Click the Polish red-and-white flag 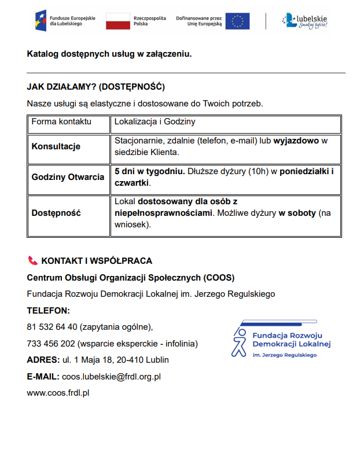[x=117, y=21]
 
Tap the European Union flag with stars [x=237, y=21]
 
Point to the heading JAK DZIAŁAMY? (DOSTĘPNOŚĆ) [x=95, y=87]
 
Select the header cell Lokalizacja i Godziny [x=155, y=122]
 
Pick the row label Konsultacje [x=56, y=146]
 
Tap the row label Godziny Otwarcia [x=68, y=177]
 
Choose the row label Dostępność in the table [x=56, y=212]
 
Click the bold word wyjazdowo [x=296, y=141]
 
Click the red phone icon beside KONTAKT [x=32, y=261]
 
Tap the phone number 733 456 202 [x=51, y=343]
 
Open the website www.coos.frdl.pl [x=58, y=393]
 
